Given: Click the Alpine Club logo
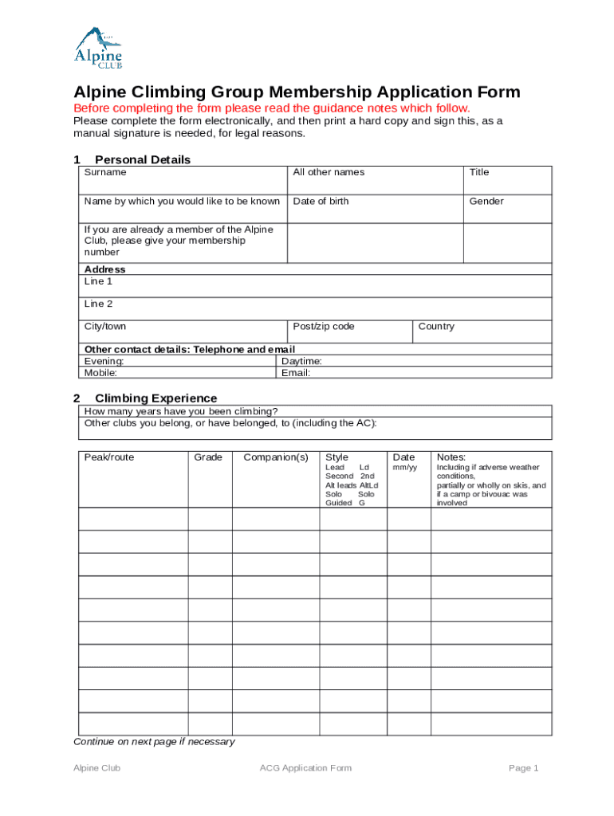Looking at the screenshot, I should pyautogui.click(x=99, y=48).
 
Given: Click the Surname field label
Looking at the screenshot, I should pyautogui.click(x=105, y=172).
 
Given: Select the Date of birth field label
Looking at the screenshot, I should pyautogui.click(x=321, y=202).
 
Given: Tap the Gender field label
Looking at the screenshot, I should pyautogui.click(x=486, y=202).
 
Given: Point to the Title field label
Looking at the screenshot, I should pyautogui.click(x=479, y=172).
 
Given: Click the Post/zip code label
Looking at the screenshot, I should pyautogui.click(x=324, y=327).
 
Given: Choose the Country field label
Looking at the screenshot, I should pyautogui.click(x=436, y=327).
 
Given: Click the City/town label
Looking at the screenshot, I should pyautogui.click(x=105, y=327).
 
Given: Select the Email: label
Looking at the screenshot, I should pyautogui.click(x=296, y=373).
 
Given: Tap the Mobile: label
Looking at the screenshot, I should pyautogui.click(x=101, y=373).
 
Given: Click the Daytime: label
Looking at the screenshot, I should pyautogui.click(x=302, y=362).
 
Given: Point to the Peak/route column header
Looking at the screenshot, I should pyautogui.click(x=109, y=457).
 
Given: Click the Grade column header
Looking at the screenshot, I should pyautogui.click(x=208, y=457).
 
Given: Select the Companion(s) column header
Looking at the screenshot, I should pyautogui.click(x=276, y=457).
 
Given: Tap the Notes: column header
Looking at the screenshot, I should pyautogui.click(x=451, y=457).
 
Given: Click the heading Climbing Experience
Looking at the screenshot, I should pyautogui.click(x=155, y=398).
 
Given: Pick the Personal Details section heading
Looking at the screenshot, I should pyautogui.click(x=143, y=160).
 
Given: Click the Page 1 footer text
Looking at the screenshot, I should pyautogui.click(x=524, y=768).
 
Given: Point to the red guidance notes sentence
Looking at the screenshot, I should pyautogui.click(x=272, y=108).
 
